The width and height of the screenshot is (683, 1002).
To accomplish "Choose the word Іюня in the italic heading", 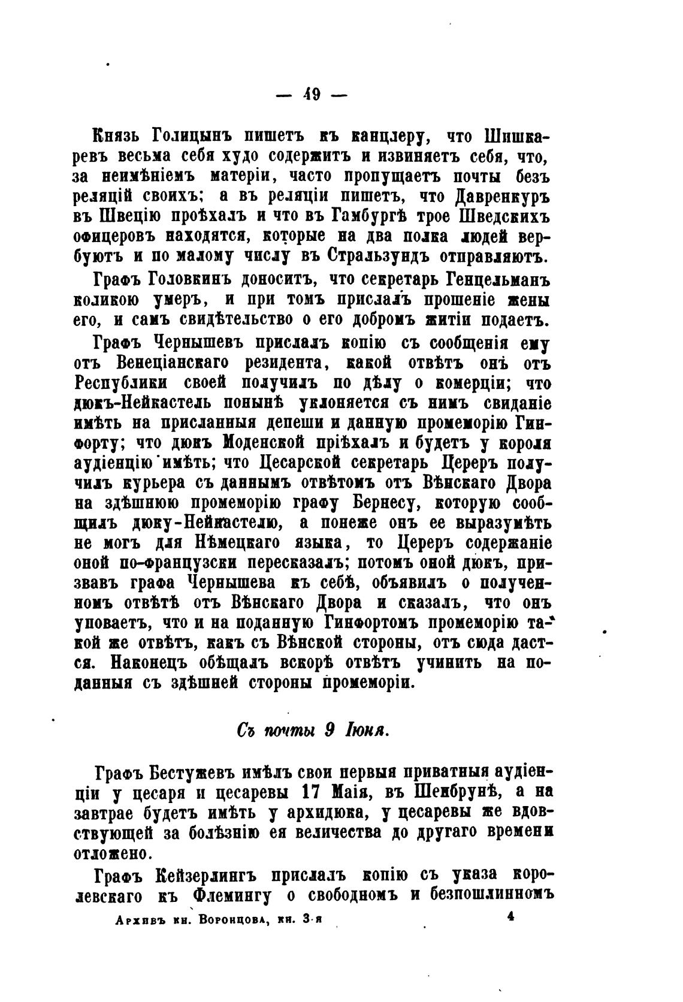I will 367,731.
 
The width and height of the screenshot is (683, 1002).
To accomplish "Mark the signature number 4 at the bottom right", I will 510,916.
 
